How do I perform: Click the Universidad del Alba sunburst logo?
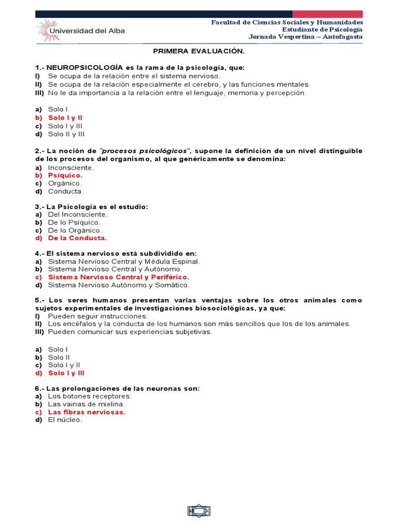(48, 31)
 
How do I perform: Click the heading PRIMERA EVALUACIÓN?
(198, 52)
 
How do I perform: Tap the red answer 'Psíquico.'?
(65, 175)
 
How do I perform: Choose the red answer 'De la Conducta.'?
(77, 238)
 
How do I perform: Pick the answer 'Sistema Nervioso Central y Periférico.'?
(119, 277)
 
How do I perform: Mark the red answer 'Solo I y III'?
(66, 373)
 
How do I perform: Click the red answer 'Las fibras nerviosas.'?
(87, 412)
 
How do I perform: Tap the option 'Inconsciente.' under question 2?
(71, 168)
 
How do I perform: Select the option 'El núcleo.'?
(65, 420)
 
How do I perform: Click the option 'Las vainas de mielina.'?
(87, 404)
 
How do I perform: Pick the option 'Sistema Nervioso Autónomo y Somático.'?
(119, 285)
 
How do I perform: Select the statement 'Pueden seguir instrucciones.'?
(98, 316)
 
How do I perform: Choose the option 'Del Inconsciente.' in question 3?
(78, 214)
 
